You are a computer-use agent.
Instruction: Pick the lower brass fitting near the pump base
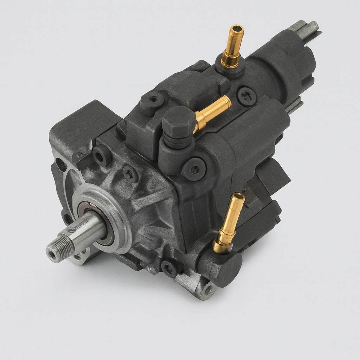(x=229, y=221)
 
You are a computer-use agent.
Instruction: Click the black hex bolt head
(x=178, y=122)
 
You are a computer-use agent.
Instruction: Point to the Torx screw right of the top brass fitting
(x=246, y=96)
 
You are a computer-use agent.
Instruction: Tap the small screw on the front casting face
(x=130, y=173)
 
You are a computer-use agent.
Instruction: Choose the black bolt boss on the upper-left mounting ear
(x=101, y=155)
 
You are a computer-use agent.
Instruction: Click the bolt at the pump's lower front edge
(x=169, y=269)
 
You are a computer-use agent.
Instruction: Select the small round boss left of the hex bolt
(x=152, y=100)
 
